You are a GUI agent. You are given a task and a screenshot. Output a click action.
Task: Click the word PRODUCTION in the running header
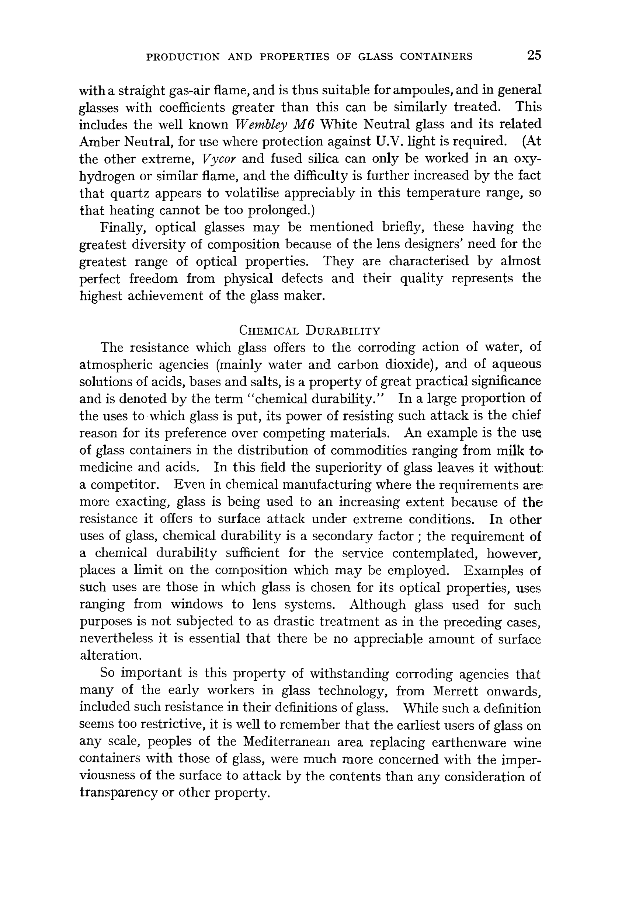point(183,57)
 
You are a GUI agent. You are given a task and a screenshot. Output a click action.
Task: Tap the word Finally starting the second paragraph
point(124,227)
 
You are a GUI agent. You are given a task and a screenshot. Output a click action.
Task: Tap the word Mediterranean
point(289,743)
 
